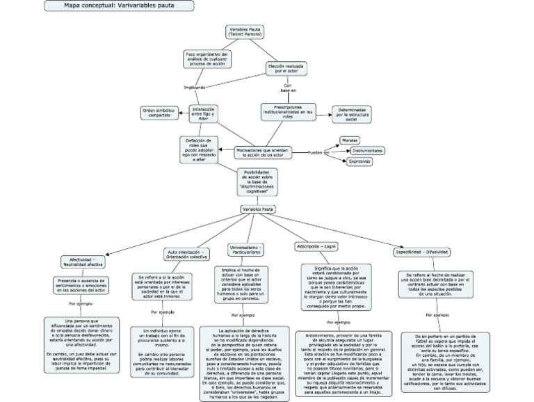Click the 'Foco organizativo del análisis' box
point(207,58)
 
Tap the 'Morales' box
point(350,140)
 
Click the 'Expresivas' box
point(359,161)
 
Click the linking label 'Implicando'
point(194,88)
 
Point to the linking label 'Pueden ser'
point(318,152)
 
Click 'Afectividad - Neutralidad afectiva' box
point(83,262)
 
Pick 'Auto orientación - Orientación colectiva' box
point(188,255)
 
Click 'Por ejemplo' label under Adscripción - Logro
point(338,323)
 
